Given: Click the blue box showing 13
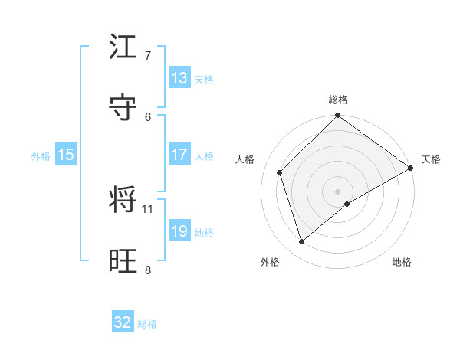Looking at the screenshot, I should (x=179, y=78).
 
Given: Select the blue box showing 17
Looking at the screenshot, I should (x=179, y=155).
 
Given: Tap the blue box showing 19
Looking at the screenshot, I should (x=179, y=231).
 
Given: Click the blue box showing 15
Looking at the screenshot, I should (x=66, y=155).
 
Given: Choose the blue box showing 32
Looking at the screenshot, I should (x=123, y=322).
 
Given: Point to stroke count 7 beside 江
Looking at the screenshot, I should (x=148, y=56).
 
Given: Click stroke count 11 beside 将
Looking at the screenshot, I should (x=148, y=208).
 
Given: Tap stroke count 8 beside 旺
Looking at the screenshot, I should (x=148, y=270).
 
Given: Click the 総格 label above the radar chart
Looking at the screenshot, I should (x=338, y=100).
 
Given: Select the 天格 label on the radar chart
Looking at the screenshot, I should (x=431, y=159).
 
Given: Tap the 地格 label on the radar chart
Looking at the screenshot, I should (x=402, y=262).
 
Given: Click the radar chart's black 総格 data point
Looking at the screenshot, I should (x=338, y=116).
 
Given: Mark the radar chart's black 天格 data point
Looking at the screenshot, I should (x=410, y=168).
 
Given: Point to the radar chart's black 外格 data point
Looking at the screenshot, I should (x=302, y=242).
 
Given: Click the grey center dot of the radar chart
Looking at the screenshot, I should (x=338, y=191).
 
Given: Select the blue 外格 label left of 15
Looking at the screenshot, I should (x=41, y=155).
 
